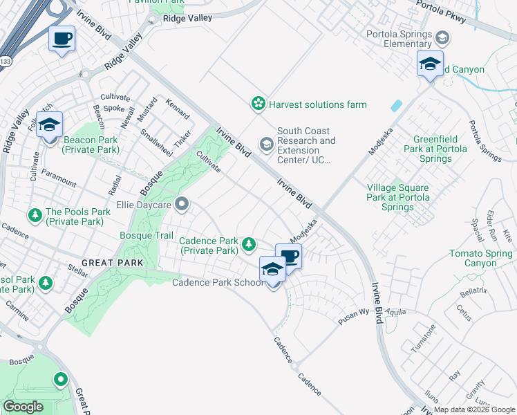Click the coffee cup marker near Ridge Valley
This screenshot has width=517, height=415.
point(62,38)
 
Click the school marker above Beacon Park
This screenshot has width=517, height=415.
point(49,125)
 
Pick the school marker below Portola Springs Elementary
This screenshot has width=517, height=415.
point(430,65)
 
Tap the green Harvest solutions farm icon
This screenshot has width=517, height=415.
point(258,104)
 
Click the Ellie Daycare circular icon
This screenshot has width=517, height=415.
point(182,203)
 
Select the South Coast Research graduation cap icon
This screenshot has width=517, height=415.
point(266,144)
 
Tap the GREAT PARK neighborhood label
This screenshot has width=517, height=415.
point(112,263)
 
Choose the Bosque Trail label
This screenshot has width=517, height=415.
point(147,236)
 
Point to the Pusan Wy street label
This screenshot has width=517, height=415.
point(355,317)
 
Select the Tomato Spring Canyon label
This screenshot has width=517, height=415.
point(481,259)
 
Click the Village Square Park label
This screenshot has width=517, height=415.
point(397,197)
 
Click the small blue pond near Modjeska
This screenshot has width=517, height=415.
point(395,106)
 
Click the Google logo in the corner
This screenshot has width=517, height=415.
point(23,407)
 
